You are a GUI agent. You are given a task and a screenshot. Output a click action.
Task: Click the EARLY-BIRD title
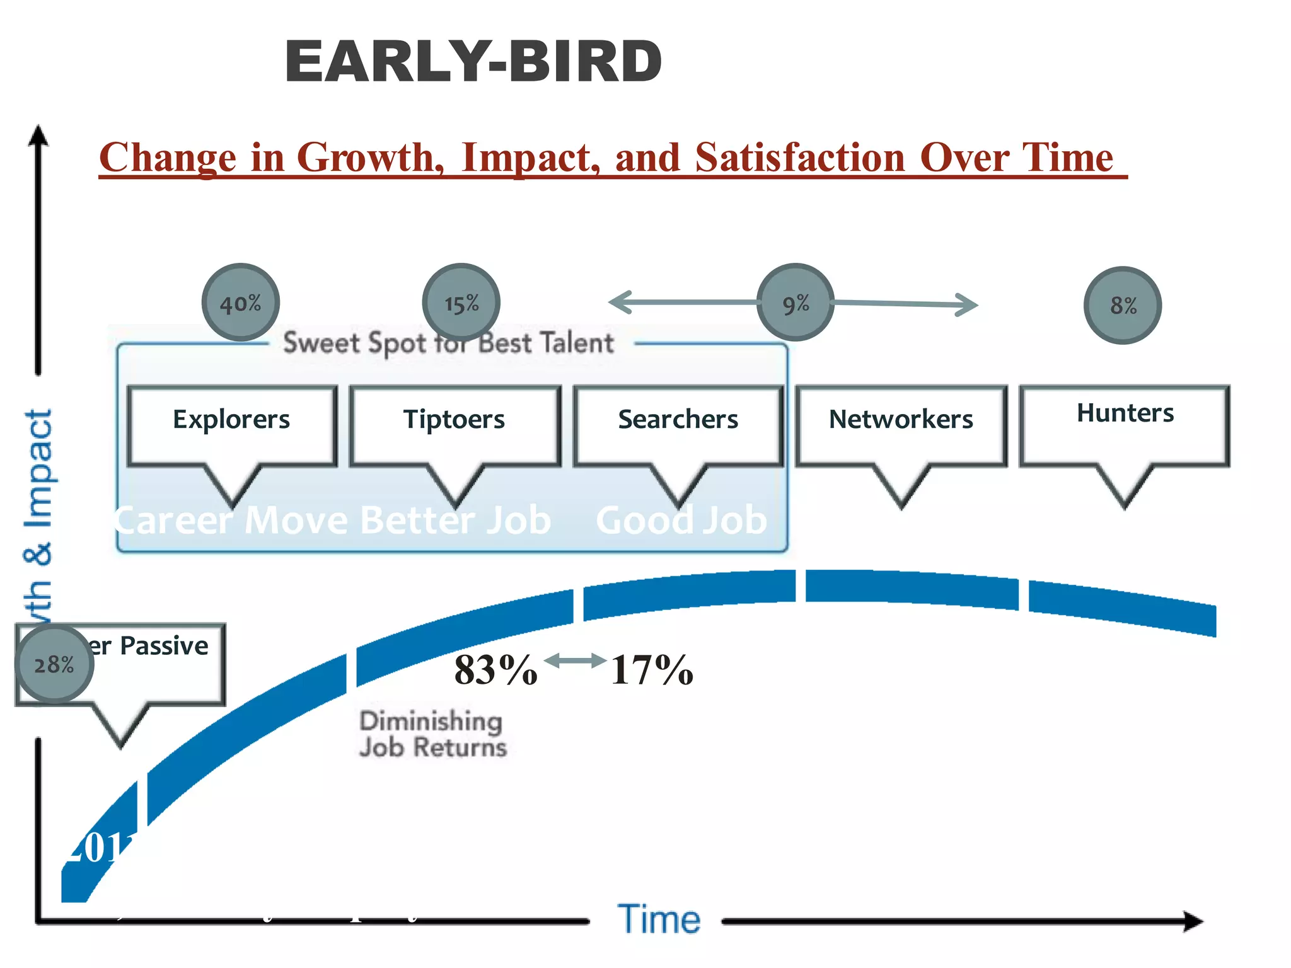[x=473, y=62]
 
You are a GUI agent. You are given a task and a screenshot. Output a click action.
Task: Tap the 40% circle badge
[x=241, y=303]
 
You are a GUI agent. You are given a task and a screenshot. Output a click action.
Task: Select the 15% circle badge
[x=461, y=303]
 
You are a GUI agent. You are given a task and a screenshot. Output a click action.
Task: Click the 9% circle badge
[x=796, y=303]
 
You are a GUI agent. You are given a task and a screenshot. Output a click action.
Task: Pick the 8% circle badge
[x=1123, y=306]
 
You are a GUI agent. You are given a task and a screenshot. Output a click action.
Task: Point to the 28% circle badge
[x=54, y=664]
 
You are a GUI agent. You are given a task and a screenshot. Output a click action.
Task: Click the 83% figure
[x=495, y=669]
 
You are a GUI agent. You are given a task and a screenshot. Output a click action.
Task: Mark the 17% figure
[x=652, y=669]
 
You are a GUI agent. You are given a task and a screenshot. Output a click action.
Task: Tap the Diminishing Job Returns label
[x=432, y=734]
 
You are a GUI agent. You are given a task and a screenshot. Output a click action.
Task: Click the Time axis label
[x=659, y=919]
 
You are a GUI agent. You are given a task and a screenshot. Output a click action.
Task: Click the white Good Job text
[x=681, y=521]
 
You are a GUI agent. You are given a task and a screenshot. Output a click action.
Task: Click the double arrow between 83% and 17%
[x=574, y=661]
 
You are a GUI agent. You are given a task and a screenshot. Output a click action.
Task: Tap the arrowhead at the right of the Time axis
[x=1193, y=921]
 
